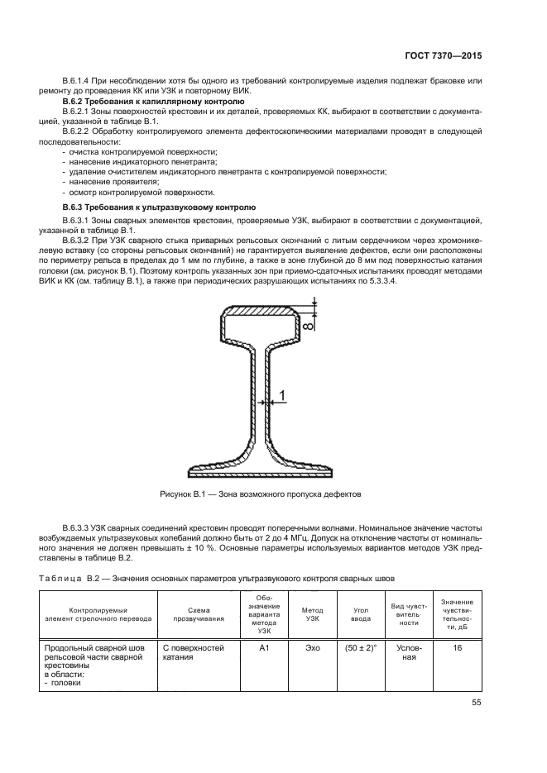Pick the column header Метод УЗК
[x=312, y=613]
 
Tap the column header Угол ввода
[x=360, y=613]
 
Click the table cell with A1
[x=265, y=649]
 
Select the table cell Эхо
[x=312, y=649]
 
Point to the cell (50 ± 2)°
[x=360, y=649]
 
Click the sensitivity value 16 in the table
[x=457, y=649]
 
